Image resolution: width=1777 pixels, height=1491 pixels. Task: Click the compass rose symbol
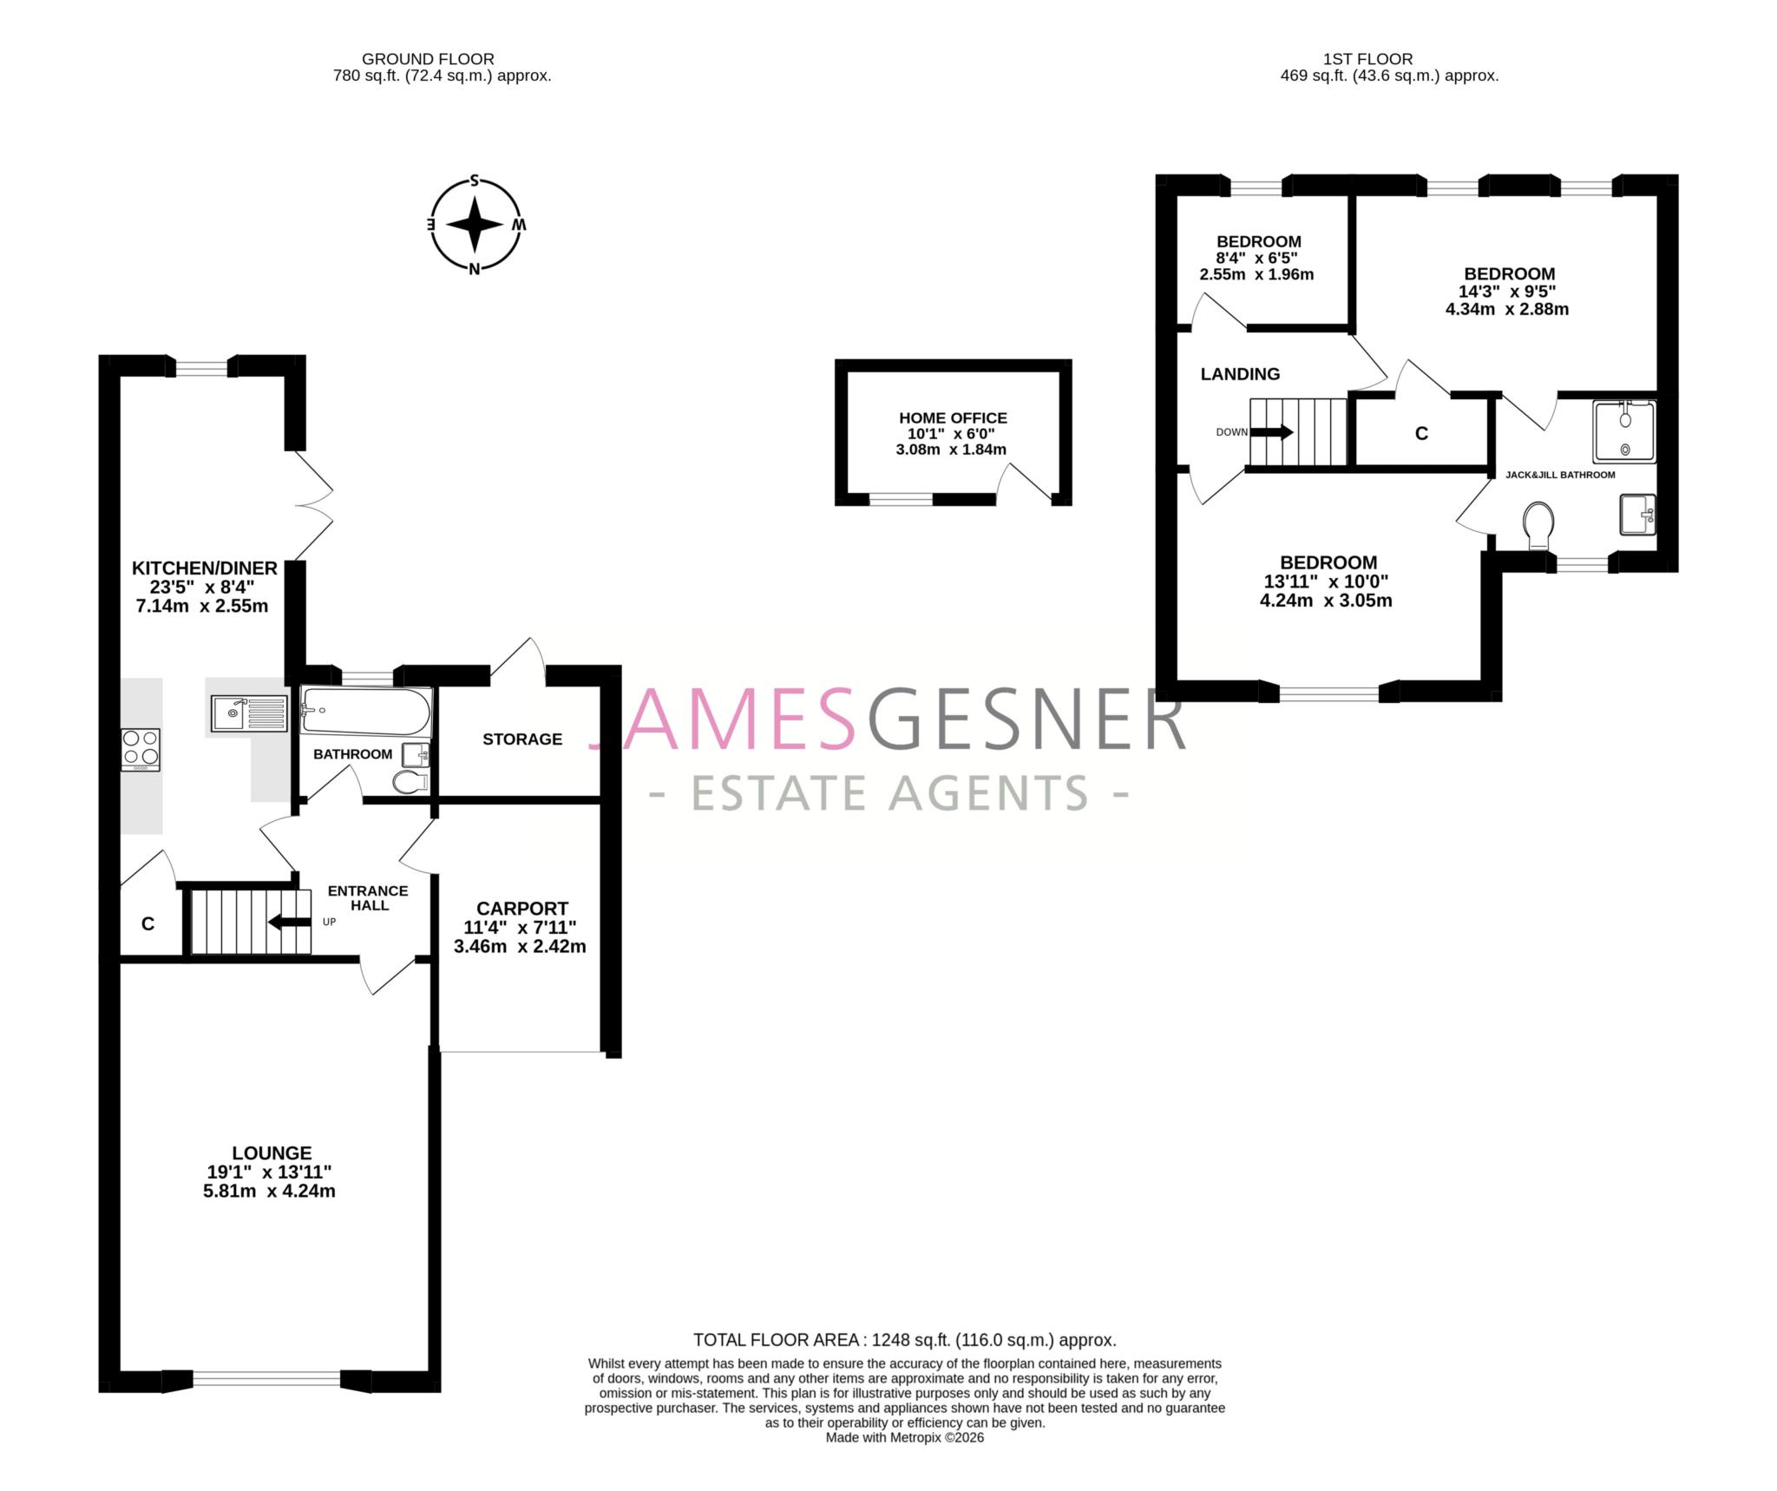point(475,225)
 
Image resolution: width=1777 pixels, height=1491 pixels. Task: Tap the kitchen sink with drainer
point(249,714)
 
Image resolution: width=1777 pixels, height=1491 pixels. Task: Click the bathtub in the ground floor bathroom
point(365,711)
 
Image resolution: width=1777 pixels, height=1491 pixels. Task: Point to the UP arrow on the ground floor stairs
point(290,922)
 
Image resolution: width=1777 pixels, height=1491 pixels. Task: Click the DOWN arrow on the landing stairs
point(1271,432)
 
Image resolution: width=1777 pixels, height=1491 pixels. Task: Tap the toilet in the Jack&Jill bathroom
point(1538,524)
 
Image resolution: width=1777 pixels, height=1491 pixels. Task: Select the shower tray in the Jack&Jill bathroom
point(1623,430)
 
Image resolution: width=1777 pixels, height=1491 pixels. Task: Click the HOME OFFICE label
point(953,417)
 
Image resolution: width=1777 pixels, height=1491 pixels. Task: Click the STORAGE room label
point(522,739)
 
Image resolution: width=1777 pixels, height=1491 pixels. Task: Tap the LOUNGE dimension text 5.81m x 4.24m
point(269,1191)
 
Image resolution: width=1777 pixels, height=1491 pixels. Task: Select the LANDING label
point(1240,374)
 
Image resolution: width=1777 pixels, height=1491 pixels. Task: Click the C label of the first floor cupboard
point(1421,433)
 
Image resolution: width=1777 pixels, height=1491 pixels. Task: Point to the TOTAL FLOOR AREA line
point(904,1339)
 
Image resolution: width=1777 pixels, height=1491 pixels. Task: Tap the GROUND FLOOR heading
point(428,59)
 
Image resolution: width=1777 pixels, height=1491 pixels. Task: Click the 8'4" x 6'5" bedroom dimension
point(1256,258)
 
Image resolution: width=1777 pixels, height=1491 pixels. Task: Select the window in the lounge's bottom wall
point(266,1377)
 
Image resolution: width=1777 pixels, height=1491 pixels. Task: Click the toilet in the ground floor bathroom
point(410,782)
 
